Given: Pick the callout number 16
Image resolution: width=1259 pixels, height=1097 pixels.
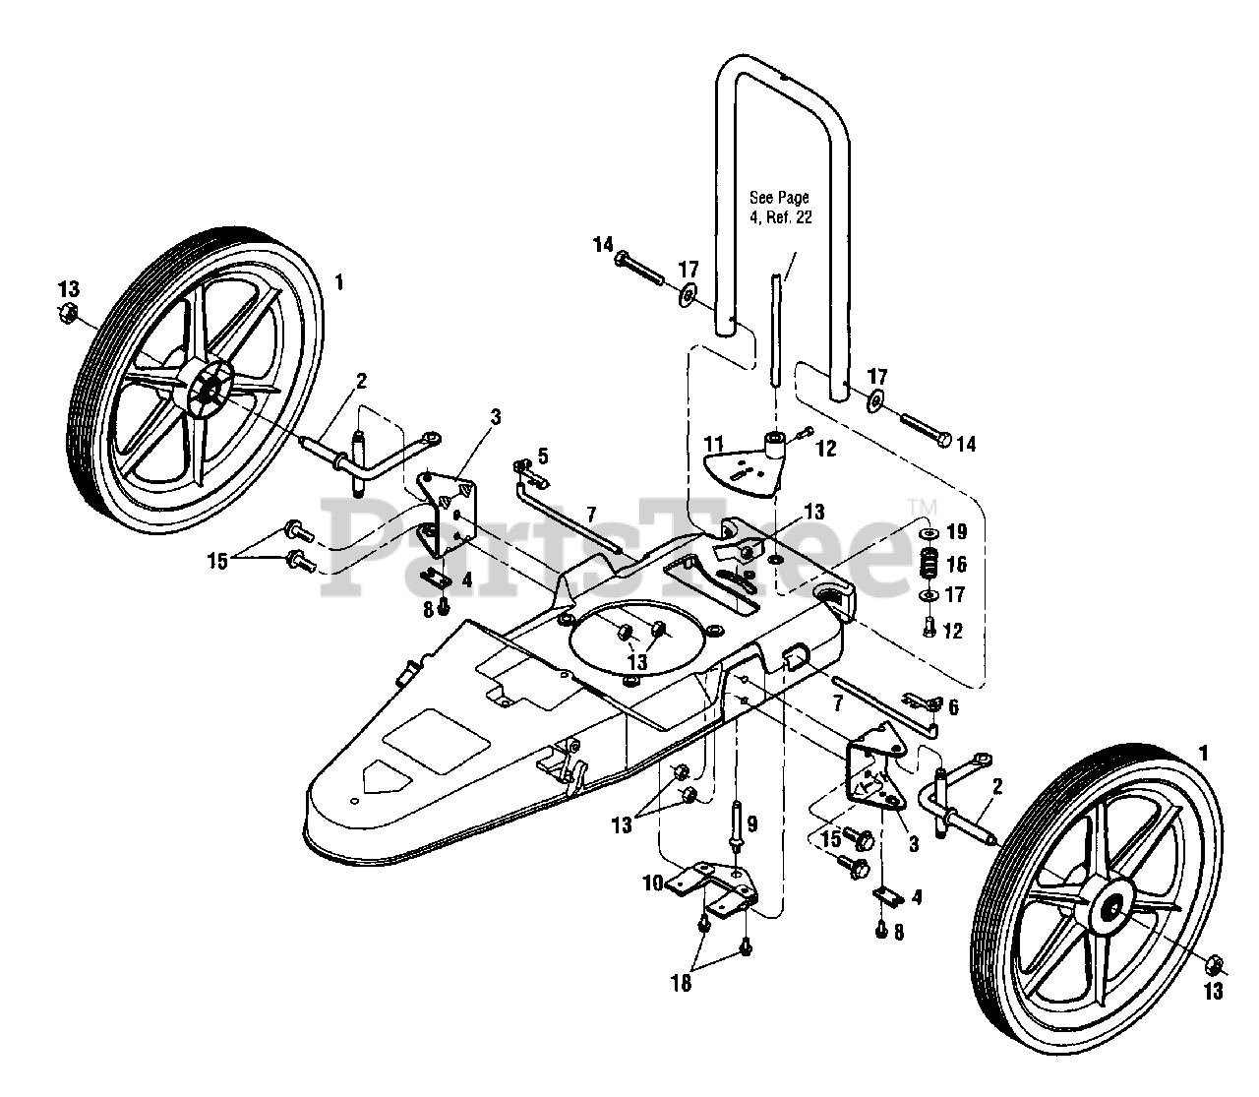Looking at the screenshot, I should point(955,564).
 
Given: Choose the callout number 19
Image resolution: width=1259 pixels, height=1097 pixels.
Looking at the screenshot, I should point(955,532).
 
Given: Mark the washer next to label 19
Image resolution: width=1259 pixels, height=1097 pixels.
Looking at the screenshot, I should point(926,533).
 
